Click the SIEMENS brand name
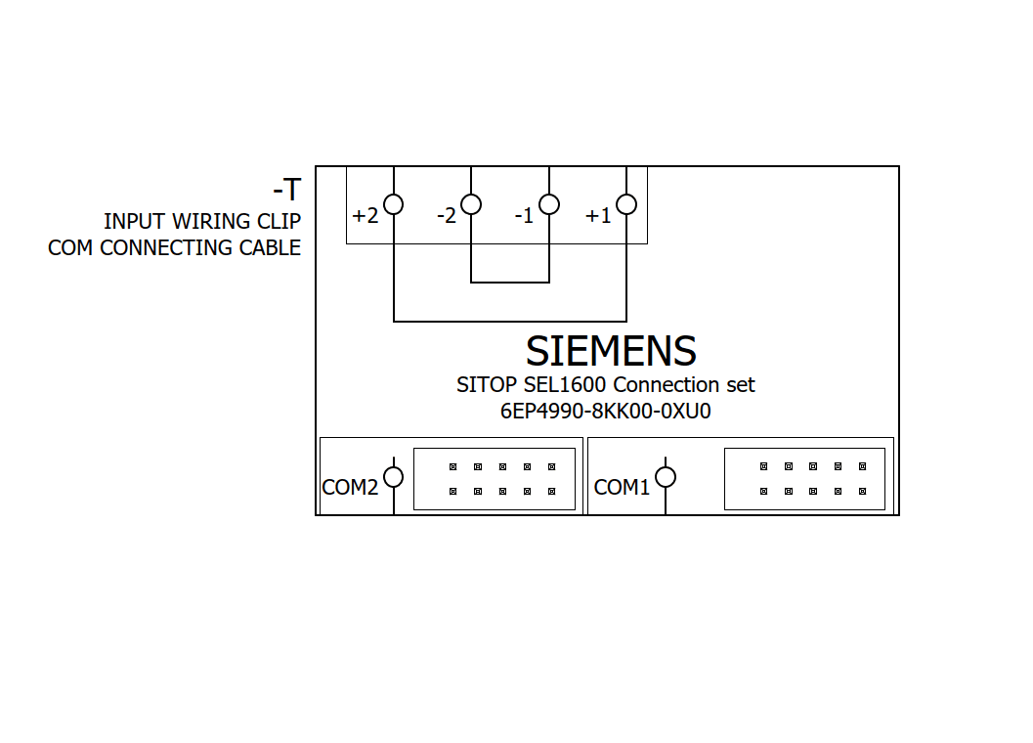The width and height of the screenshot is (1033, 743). click(611, 351)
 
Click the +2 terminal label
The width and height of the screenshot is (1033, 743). click(365, 216)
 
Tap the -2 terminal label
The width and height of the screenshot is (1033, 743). click(447, 216)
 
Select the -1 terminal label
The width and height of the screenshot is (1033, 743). click(525, 216)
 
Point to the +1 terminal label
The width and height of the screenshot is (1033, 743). click(598, 216)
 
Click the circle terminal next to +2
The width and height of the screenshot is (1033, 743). click(393, 204)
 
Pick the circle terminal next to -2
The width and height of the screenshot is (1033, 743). click(471, 204)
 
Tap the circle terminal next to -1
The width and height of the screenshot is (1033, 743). click(549, 204)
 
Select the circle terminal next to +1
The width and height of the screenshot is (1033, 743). click(626, 204)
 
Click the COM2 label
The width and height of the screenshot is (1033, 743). click(350, 487)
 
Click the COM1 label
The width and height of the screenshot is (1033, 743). click(622, 487)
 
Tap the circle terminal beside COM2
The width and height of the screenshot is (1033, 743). click(393, 477)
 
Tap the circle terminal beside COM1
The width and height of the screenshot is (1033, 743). click(666, 477)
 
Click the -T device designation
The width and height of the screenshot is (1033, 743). click(286, 189)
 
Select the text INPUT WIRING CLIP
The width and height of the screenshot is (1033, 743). click(202, 222)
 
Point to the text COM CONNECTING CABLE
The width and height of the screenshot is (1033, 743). click(174, 248)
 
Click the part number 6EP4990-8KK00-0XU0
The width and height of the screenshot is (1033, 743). click(605, 412)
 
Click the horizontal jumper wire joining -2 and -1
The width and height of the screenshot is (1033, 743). click(510, 283)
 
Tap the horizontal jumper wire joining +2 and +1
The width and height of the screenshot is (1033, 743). click(510, 321)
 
